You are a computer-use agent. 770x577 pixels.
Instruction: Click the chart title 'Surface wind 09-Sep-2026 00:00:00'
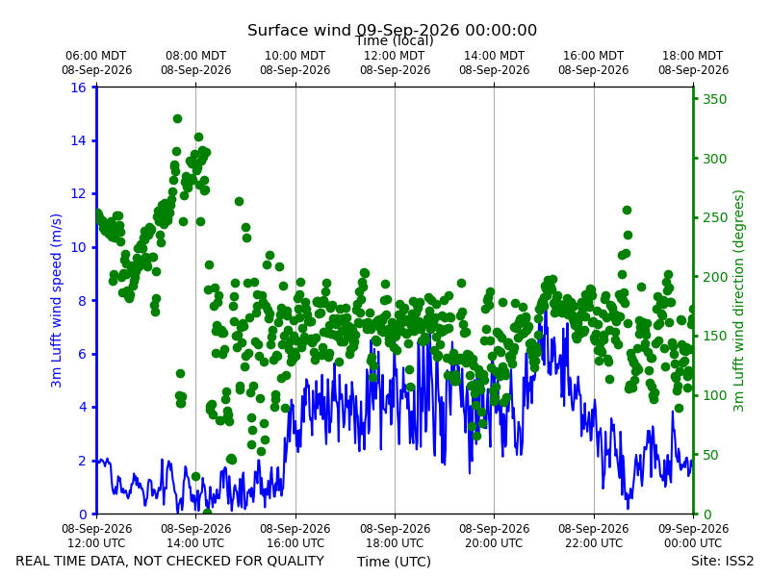click(392, 30)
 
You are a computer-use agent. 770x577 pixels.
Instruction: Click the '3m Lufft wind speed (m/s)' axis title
click(56, 300)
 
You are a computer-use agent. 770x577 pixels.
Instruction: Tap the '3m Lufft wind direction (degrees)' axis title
click(738, 301)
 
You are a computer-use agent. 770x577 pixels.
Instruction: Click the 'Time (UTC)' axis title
click(394, 562)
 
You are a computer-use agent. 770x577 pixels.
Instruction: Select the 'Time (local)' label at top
click(395, 40)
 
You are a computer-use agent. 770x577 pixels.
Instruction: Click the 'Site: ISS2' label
click(722, 561)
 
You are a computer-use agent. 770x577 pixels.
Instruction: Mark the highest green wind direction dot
click(177, 118)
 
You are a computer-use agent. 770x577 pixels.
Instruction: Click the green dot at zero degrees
click(207, 514)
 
